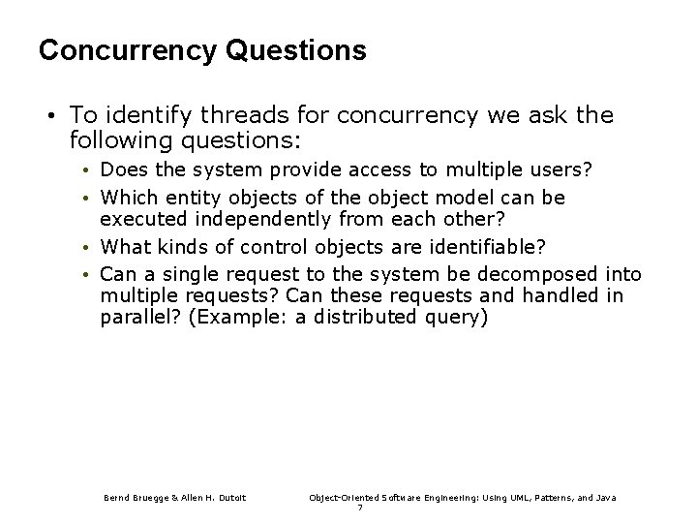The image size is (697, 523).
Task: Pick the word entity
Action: point(178,197)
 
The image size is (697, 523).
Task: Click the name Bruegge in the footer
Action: point(147,497)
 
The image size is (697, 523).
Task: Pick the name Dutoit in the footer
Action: point(228,497)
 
